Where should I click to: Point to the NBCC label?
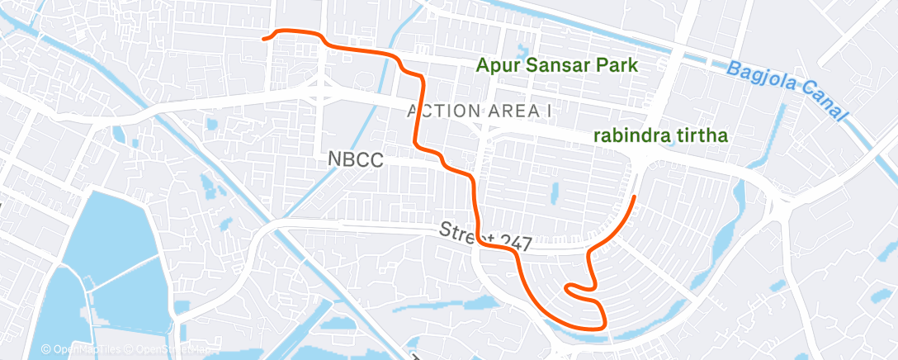point(354,160)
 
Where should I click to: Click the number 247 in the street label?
point(513,240)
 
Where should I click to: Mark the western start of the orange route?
point(264,38)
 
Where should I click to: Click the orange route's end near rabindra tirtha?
point(634,197)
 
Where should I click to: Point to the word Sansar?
point(561,65)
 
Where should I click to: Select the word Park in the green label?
point(620,65)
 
